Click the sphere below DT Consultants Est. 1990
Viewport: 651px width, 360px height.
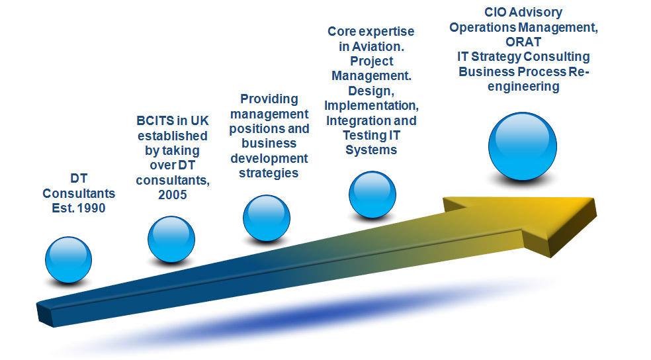(x=69, y=260)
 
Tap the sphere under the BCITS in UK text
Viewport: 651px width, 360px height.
(x=171, y=239)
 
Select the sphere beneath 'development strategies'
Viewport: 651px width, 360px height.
(x=267, y=218)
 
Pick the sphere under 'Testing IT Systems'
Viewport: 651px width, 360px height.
(x=372, y=195)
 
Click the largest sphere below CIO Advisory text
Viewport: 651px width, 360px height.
(x=522, y=146)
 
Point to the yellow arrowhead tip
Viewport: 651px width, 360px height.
(x=596, y=208)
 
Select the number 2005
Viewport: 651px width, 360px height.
(x=172, y=195)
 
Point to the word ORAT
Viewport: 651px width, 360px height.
(x=523, y=42)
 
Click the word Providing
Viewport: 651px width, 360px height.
(x=269, y=99)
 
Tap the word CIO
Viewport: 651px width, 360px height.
(x=495, y=13)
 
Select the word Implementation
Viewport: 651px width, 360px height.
(x=371, y=106)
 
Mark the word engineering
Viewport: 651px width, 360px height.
(x=523, y=87)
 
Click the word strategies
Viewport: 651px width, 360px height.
(x=269, y=173)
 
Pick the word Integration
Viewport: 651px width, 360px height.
(x=358, y=121)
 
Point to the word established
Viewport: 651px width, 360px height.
(x=173, y=136)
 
